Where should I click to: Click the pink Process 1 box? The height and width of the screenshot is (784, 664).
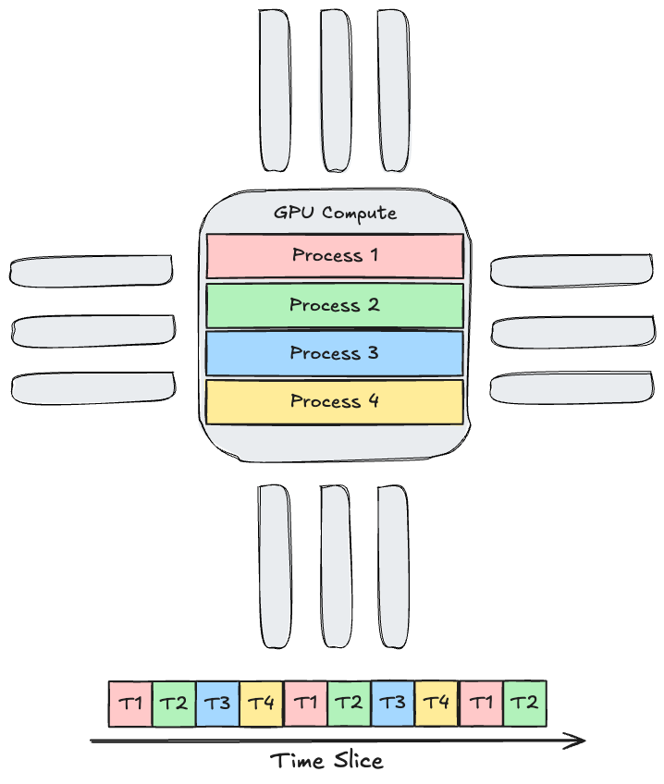(x=335, y=256)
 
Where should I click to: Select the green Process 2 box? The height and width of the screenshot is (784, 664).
(x=335, y=305)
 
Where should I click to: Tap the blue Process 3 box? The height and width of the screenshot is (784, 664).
(x=335, y=353)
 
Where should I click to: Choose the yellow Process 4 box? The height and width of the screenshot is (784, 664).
(x=335, y=401)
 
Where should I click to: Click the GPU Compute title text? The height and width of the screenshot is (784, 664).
(x=335, y=213)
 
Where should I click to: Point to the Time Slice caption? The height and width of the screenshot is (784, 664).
(x=326, y=761)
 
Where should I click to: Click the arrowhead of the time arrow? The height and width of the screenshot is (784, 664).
(x=579, y=740)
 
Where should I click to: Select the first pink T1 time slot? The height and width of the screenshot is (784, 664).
(x=130, y=704)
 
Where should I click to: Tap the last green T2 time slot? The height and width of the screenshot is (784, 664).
(x=524, y=704)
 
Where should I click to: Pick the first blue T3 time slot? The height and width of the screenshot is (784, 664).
(x=217, y=704)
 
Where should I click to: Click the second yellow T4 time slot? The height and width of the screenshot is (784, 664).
(x=437, y=704)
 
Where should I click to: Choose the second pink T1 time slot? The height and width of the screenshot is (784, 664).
(x=305, y=704)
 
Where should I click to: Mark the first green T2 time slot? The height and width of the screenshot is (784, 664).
(x=174, y=704)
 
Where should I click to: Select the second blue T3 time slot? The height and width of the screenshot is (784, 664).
(x=393, y=704)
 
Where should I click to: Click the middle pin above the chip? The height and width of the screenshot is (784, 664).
(x=336, y=90)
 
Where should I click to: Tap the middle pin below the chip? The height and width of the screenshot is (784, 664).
(x=335, y=566)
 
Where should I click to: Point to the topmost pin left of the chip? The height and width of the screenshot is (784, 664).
(x=91, y=270)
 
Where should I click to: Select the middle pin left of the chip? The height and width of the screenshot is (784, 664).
(x=92, y=330)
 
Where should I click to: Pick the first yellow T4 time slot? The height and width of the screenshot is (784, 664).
(x=262, y=704)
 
